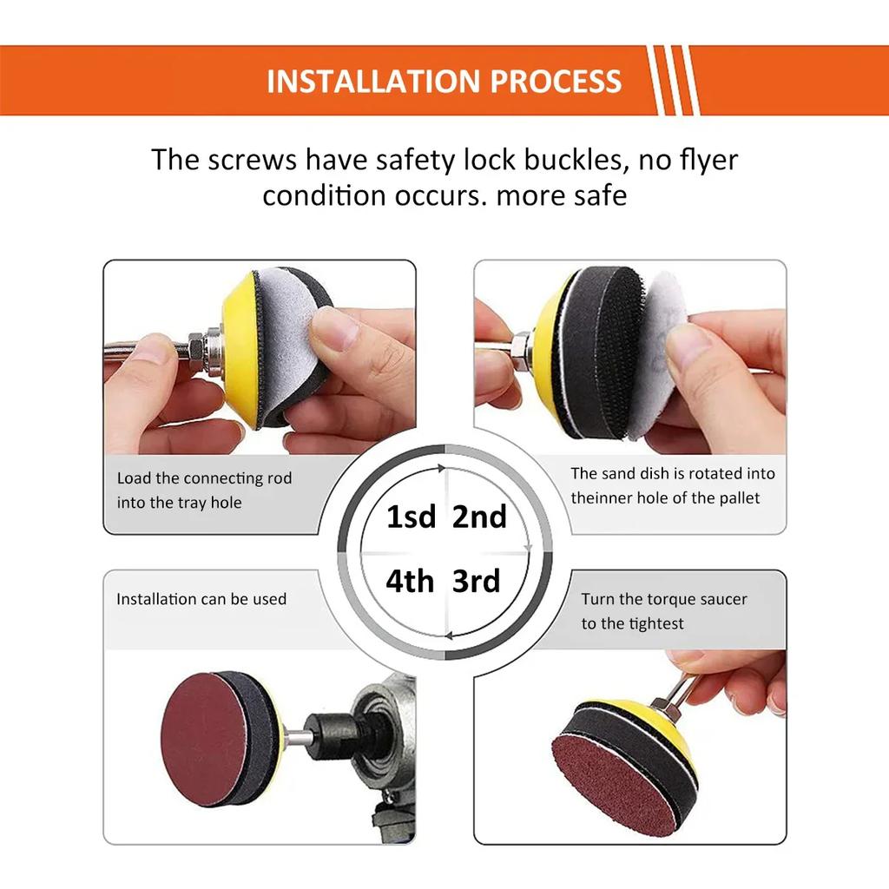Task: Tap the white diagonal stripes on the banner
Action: click(674, 80)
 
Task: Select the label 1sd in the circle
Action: click(411, 517)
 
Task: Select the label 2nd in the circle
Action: click(479, 517)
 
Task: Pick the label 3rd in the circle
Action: click(477, 581)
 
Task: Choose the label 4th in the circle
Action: click(410, 581)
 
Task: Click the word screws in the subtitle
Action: click(251, 161)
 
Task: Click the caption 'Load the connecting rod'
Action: click(204, 478)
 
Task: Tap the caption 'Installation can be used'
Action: click(201, 599)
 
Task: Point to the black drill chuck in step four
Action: click(335, 736)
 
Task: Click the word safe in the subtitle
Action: click(596, 195)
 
